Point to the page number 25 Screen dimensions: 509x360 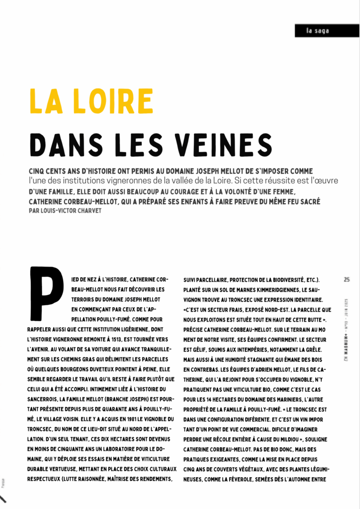click(x=347, y=279)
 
